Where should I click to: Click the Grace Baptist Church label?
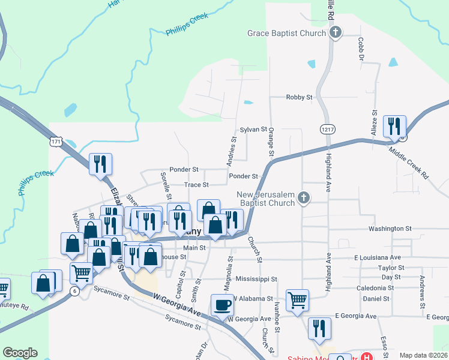coord(286,33)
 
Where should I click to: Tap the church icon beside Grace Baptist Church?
coord(336,33)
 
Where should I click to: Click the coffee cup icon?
coord(221,304)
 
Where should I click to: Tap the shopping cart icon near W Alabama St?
coord(297,299)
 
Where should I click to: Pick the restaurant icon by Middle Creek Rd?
coord(394,126)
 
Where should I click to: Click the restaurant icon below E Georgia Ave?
coord(319,328)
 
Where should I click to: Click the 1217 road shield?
coord(327,129)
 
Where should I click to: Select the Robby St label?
coord(300,97)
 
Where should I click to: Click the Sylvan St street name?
coord(253,129)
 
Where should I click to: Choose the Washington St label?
coord(390,229)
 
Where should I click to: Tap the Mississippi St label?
coord(256,279)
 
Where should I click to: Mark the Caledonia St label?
coord(374,288)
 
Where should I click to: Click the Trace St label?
coord(196,185)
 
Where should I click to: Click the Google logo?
coord(20,353)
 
